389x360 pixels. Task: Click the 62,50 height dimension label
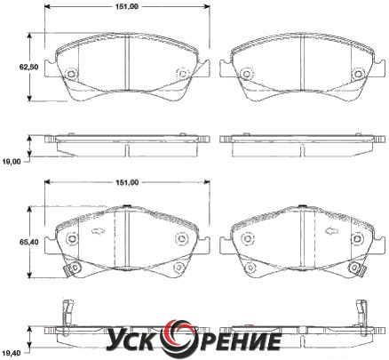(28, 67)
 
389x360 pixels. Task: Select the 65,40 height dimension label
(29, 242)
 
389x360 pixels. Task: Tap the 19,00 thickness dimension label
(11, 162)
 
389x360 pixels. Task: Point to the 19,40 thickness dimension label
(11, 353)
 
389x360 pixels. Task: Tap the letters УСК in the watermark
(133, 341)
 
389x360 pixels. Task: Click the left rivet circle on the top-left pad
(71, 74)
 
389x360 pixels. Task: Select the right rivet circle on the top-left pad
(182, 73)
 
